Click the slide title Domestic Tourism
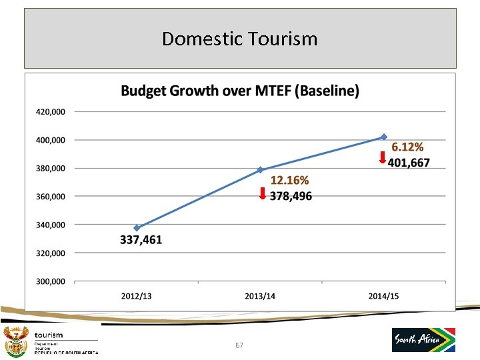click(240, 39)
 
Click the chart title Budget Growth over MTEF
click(240, 91)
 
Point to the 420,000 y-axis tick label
click(51, 112)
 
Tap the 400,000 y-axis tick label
click(51, 140)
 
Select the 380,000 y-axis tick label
click(51, 168)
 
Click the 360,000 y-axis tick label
click(51, 197)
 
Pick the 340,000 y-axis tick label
click(51, 225)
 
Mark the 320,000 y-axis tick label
click(51, 253)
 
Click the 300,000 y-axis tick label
click(51, 281)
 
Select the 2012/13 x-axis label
click(136, 296)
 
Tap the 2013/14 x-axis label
click(260, 296)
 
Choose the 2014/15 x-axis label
click(383, 296)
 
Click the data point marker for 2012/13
click(137, 228)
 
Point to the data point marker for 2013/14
click(260, 170)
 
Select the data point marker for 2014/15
click(383, 137)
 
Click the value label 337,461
click(141, 240)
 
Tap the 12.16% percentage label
click(289, 180)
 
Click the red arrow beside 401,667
click(382, 158)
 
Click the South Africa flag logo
click(424, 339)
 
